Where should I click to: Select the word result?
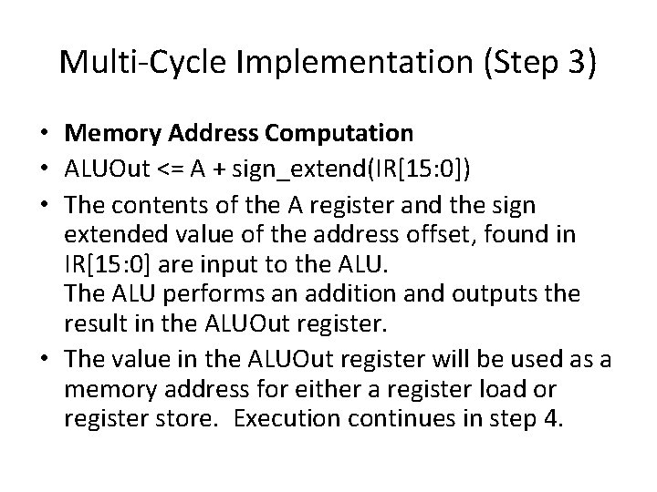[x=91, y=321]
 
